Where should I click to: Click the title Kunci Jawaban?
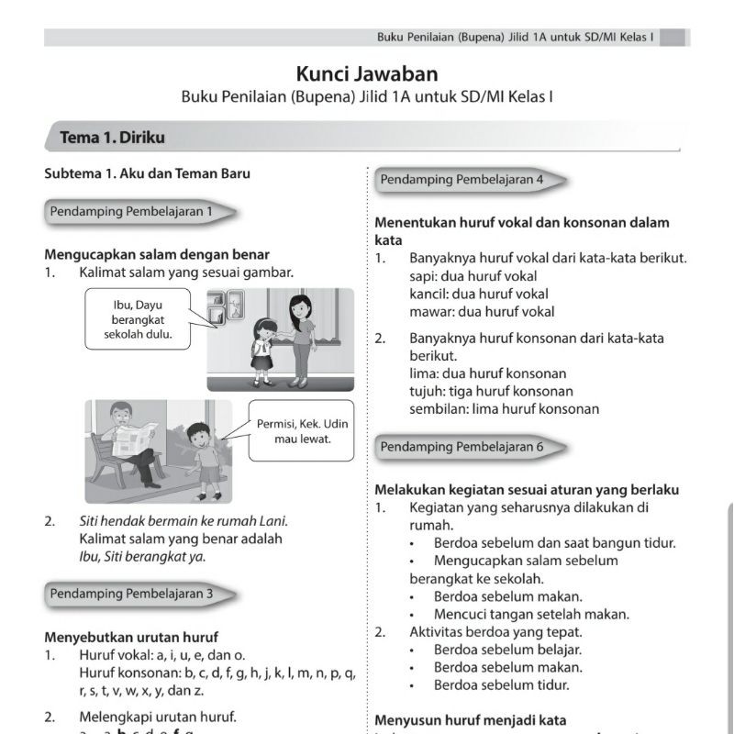tap(366, 74)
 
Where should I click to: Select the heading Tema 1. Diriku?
tap(113, 138)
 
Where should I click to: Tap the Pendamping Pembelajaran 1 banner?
tap(134, 211)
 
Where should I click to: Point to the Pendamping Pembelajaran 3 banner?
tap(134, 594)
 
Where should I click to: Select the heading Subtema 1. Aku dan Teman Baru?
tap(147, 173)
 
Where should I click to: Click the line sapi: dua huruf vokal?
tap(473, 276)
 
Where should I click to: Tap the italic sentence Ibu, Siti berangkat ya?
tap(142, 556)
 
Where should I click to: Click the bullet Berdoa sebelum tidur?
tap(502, 684)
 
